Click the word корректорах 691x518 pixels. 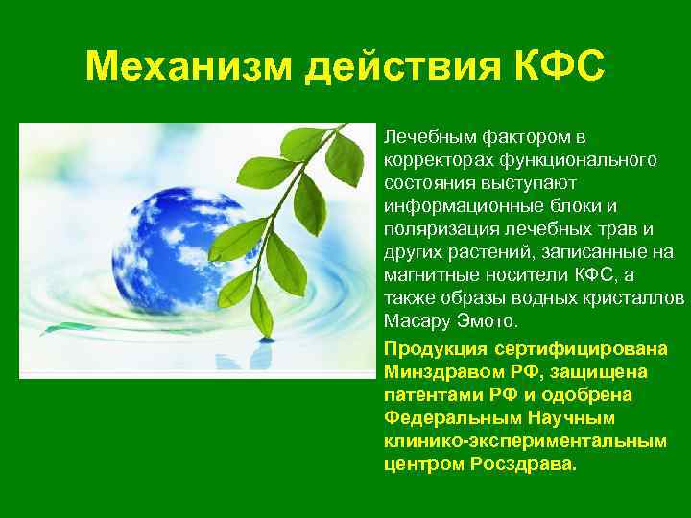[x=431, y=156]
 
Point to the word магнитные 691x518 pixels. [x=425, y=275]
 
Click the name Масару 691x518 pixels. [x=414, y=321]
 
